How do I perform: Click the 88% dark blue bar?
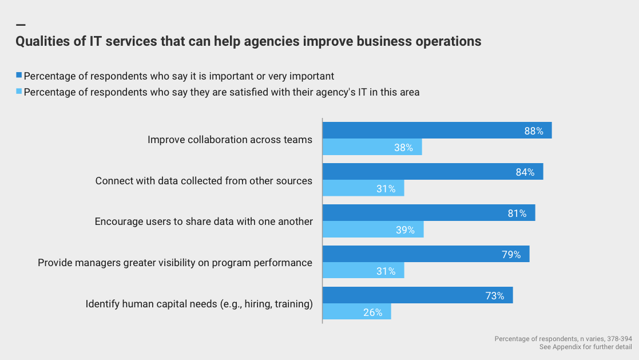click(x=437, y=130)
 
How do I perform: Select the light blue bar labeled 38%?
click(x=372, y=147)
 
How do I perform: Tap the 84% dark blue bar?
click(x=433, y=172)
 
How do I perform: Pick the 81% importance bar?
click(x=429, y=213)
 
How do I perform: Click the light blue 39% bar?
click(x=373, y=230)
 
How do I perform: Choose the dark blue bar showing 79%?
click(x=426, y=254)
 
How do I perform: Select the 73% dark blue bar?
click(x=418, y=295)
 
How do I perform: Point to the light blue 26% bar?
click(x=357, y=312)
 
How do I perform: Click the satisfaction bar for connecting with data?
click(x=363, y=188)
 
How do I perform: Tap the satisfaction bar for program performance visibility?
click(x=363, y=271)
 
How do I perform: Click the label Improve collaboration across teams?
click(x=230, y=140)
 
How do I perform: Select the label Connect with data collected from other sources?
click(x=204, y=181)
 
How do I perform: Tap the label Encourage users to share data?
click(x=204, y=221)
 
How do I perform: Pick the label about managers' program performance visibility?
click(x=175, y=263)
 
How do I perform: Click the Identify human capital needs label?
click(x=199, y=304)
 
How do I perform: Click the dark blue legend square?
click(x=19, y=76)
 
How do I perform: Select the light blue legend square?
click(x=19, y=92)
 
